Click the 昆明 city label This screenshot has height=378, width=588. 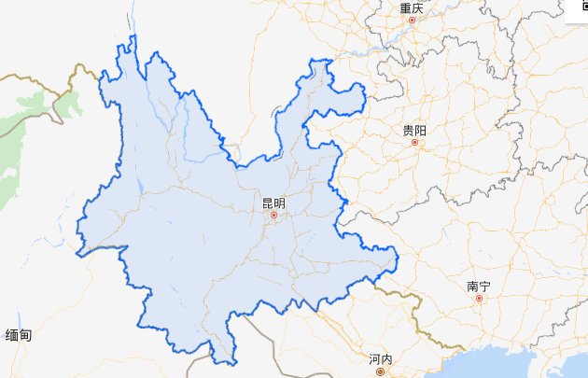coord(273,203)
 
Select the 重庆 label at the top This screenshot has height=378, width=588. coord(412,7)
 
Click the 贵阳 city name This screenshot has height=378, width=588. coord(414,131)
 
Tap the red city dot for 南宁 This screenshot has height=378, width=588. coord(480,299)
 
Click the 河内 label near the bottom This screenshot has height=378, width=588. coord(381,359)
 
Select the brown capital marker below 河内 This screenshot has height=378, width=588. coord(381,371)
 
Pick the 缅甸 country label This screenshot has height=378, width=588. coord(19,335)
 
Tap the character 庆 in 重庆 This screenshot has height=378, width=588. coord(418,7)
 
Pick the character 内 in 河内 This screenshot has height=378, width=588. coord(387,359)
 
